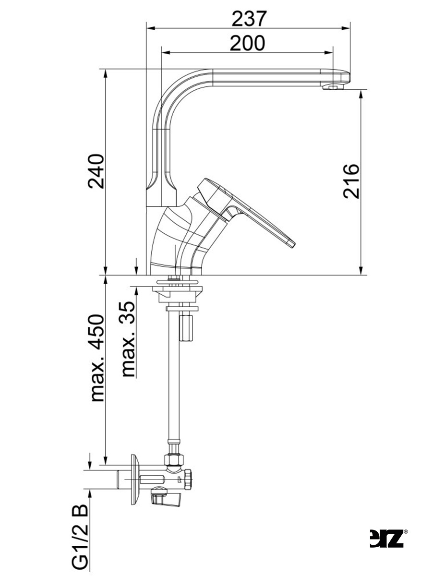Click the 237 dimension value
[249, 19]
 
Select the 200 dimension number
[247, 44]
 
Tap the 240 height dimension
[96, 172]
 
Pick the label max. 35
[127, 339]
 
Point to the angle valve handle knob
[167, 501]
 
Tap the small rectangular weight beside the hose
[186, 327]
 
